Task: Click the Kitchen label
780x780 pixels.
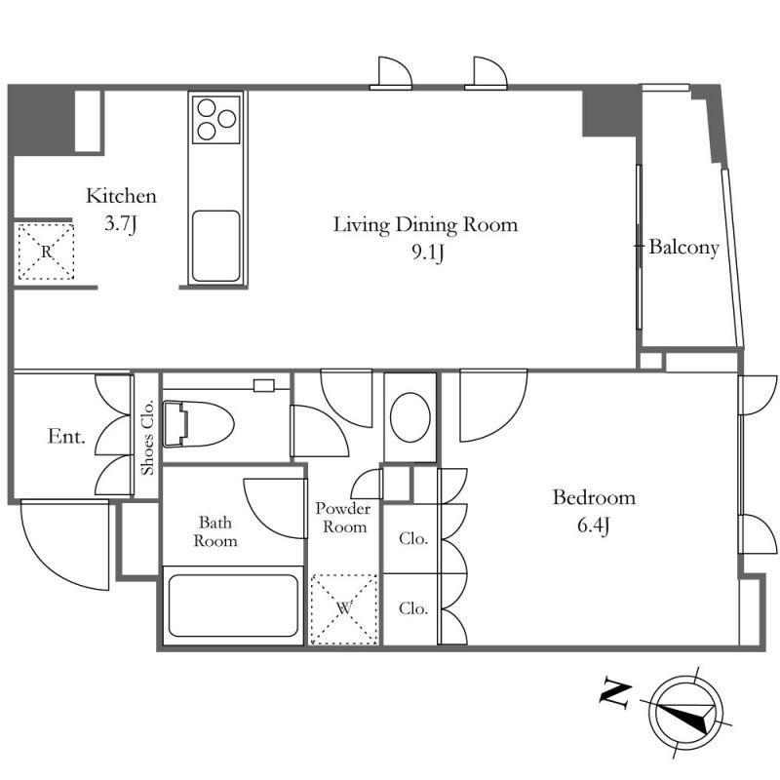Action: pos(121,196)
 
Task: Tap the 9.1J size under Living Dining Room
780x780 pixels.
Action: pos(427,253)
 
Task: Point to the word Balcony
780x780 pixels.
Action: pos(684,248)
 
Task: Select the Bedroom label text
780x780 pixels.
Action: pos(594,497)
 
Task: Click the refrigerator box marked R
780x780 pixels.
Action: pos(46,252)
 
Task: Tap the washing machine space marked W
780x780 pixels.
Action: pos(344,609)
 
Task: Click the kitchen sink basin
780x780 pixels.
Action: pos(216,246)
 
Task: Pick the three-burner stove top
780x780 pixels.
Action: pos(216,119)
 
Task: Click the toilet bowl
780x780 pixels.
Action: pos(198,423)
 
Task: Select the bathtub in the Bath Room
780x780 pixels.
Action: pos(233,605)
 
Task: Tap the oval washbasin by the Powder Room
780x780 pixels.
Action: pos(410,417)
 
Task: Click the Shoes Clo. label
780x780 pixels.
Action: pos(148,438)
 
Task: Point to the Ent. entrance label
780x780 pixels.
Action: pos(66,437)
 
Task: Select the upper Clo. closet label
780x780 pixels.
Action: pos(413,538)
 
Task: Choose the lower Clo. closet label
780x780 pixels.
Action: pos(413,608)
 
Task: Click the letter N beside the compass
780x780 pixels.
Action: pos(616,693)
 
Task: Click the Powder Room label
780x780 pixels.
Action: pos(344,518)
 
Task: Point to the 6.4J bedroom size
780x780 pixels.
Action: pos(594,526)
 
